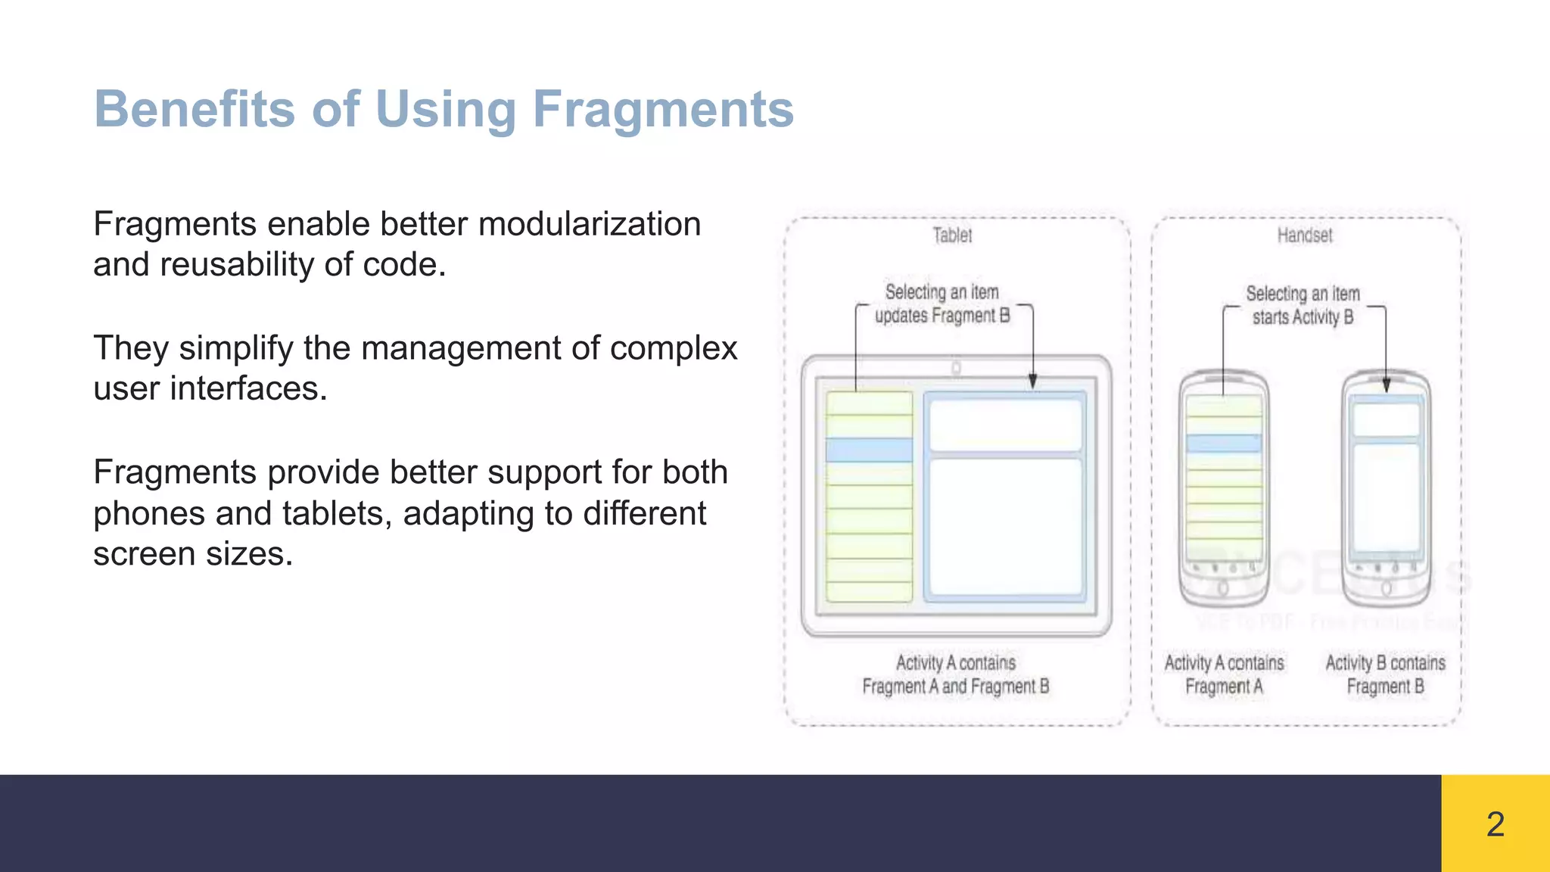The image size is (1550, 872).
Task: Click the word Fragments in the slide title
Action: click(x=663, y=110)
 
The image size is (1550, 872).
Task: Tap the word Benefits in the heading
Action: click(x=194, y=110)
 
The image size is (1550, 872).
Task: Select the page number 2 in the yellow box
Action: click(x=1495, y=824)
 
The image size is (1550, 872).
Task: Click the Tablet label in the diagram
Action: click(x=952, y=235)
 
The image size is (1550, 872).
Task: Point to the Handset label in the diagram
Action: click(x=1304, y=235)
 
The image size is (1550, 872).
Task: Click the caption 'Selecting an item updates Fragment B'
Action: click(x=942, y=304)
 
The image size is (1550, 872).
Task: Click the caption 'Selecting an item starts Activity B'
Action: click(x=1303, y=305)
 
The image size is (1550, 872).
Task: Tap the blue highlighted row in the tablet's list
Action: click(x=869, y=450)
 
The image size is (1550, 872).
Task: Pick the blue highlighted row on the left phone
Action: click(x=1224, y=443)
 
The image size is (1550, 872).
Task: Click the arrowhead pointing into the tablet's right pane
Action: click(x=1032, y=381)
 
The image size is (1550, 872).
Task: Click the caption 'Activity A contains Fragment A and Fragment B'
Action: click(x=955, y=674)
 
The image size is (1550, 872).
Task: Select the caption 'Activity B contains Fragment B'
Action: click(x=1385, y=674)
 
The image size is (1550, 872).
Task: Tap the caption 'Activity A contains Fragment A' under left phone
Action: click(x=1224, y=674)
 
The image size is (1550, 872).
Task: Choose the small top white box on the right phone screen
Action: click(x=1386, y=419)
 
